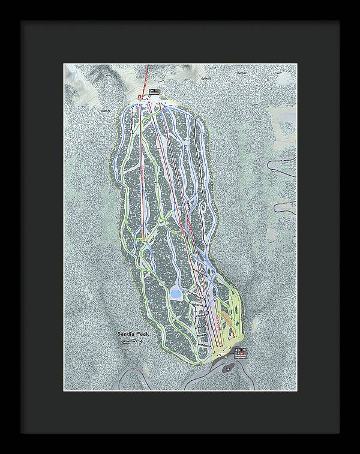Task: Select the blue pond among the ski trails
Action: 176,293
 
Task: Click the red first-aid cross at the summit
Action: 139,97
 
